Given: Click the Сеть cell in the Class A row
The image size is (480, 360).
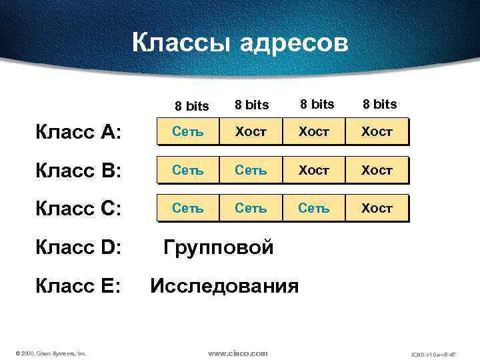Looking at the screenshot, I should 188,132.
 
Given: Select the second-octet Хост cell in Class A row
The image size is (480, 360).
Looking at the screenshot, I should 251,132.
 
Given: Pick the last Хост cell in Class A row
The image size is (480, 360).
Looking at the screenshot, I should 377,132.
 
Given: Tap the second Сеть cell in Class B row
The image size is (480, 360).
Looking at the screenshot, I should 251,170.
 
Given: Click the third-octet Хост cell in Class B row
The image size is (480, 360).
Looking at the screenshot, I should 313,170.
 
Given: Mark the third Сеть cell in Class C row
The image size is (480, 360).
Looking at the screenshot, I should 313,208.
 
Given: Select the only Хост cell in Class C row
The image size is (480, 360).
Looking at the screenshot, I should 377,208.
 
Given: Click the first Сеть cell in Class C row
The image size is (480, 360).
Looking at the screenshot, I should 188,208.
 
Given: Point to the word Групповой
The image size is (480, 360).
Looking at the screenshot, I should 219,248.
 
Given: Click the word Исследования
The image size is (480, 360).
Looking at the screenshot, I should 225,287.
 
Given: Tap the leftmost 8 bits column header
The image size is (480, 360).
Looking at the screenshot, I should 192,106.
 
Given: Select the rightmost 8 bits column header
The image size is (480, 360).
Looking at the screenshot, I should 379,104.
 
